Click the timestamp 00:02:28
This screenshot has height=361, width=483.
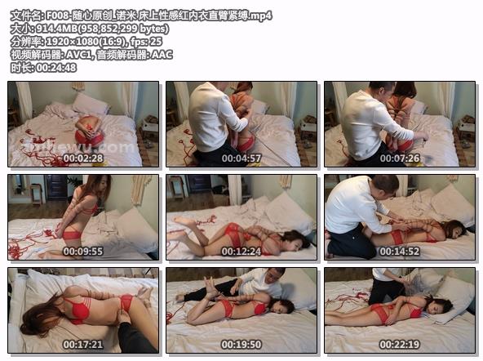83,158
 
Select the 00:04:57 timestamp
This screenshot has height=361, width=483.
241,158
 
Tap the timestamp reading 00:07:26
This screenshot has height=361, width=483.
400,158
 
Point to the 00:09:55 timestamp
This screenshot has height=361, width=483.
83,252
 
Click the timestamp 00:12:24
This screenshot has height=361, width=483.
241,252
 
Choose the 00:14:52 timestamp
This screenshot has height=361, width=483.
400,252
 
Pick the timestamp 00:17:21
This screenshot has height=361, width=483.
83,345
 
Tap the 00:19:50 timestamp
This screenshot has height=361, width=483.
241,345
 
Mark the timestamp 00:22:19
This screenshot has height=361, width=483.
400,345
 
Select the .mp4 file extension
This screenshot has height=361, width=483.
260,16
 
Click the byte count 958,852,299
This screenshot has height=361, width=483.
109,29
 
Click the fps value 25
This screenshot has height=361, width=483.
157,42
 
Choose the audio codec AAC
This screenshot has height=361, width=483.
162,55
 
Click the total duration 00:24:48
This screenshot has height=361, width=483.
56,68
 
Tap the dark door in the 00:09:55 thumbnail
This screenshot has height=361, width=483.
55,187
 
